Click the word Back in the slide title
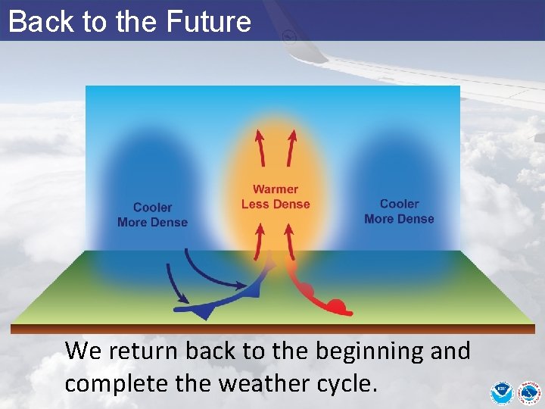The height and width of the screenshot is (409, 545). point(33,21)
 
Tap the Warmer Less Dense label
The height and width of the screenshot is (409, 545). point(276,197)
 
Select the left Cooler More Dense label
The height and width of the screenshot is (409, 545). point(152,214)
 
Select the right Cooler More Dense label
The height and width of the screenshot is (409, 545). point(399,211)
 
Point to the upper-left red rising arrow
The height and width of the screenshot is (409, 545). point(260,147)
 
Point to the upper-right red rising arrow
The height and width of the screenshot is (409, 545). point(291,147)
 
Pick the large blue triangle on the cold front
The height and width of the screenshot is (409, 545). point(203,311)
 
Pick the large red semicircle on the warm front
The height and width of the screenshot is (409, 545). point(337,307)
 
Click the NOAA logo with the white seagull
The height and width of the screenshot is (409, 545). point(501,392)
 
